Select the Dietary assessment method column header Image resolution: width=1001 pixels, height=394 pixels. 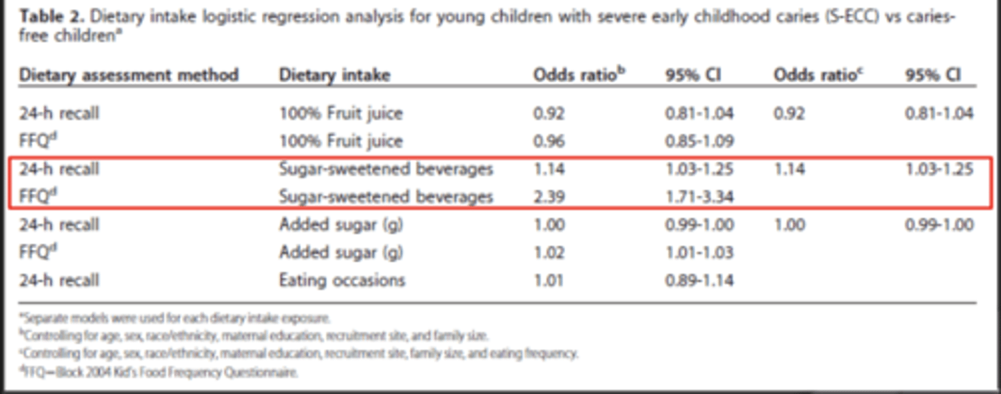pyautogui.click(x=129, y=75)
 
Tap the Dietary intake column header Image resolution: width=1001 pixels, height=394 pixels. pyautogui.click(x=334, y=75)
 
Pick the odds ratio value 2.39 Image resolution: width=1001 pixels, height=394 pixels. pyautogui.click(x=549, y=197)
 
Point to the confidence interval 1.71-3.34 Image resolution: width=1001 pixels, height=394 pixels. pyautogui.click(x=699, y=197)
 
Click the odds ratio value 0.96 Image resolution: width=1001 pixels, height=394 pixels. pyautogui.click(x=549, y=141)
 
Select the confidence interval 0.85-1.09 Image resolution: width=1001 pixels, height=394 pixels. pyautogui.click(x=699, y=141)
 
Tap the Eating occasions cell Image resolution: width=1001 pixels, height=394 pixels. pyautogui.click(x=342, y=280)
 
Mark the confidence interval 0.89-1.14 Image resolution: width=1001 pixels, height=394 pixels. pyautogui.click(x=699, y=280)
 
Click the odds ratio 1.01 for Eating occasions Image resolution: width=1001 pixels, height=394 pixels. pyautogui.click(x=549, y=280)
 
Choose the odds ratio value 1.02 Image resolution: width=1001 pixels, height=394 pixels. pyautogui.click(x=549, y=252)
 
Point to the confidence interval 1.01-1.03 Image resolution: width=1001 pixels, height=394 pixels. pyautogui.click(x=699, y=252)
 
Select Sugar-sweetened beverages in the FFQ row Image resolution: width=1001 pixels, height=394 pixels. pyautogui.click(x=386, y=197)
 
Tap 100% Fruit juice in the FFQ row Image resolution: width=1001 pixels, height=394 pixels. pyautogui.click(x=341, y=141)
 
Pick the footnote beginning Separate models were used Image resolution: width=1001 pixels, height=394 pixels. pyautogui.click(x=175, y=319)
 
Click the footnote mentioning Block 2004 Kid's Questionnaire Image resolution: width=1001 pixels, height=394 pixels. pyautogui.click(x=159, y=372)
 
